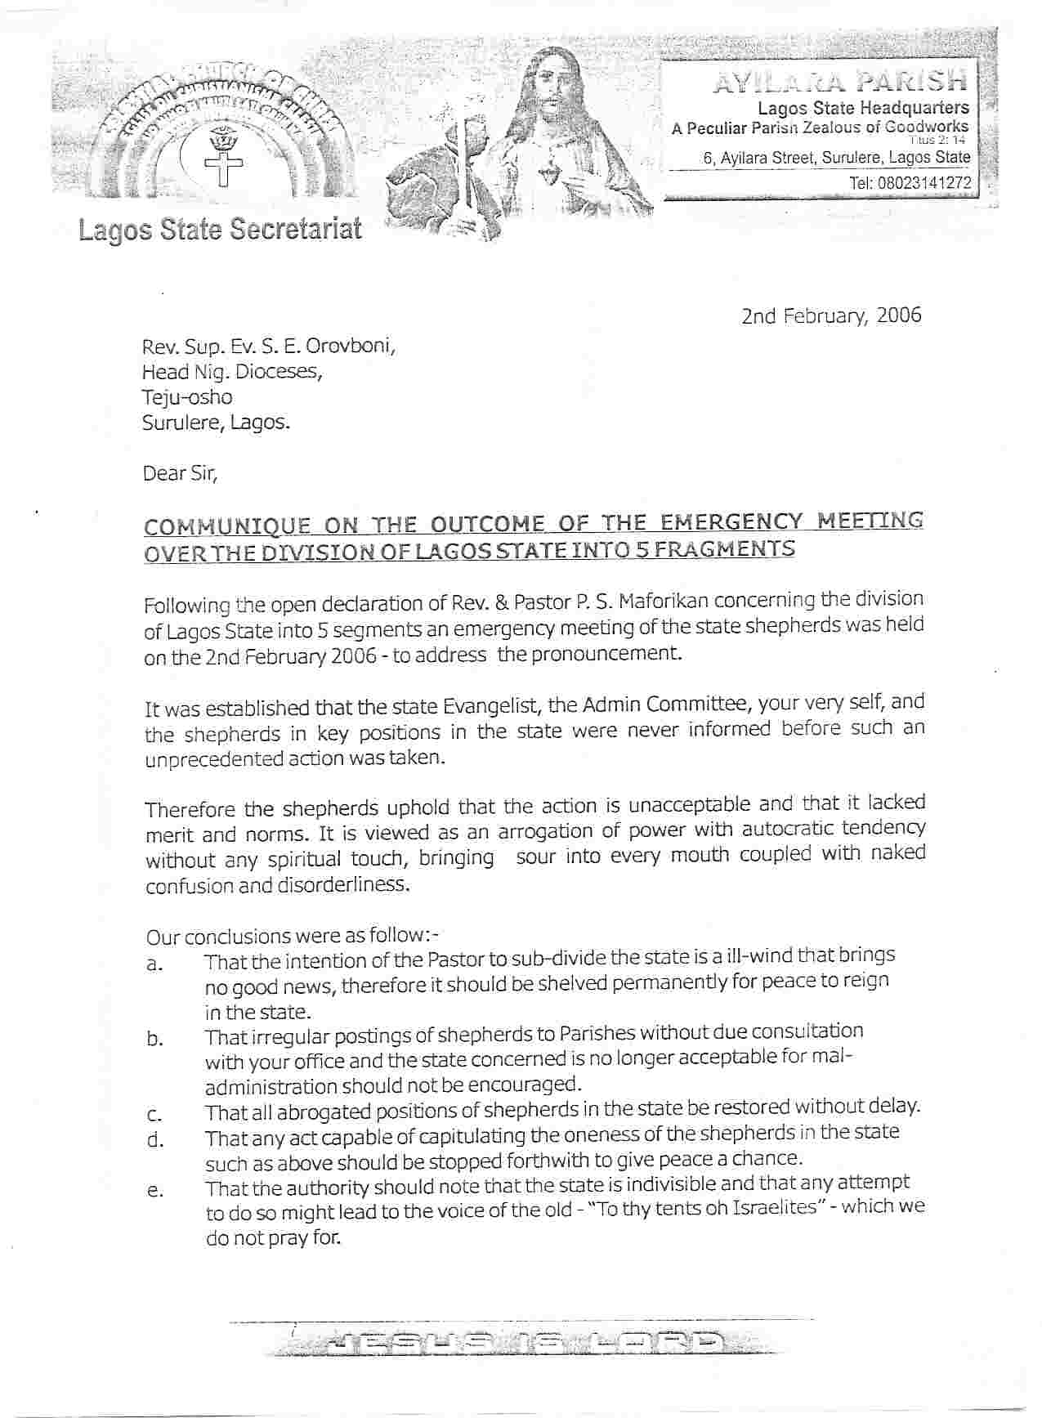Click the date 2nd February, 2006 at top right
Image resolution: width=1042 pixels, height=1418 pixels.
830,315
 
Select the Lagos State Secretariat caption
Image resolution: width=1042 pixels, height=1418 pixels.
220,230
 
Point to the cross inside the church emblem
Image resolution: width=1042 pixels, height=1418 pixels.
217,166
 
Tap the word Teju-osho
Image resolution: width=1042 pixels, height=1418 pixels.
187,397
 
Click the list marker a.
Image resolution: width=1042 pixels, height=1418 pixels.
153,964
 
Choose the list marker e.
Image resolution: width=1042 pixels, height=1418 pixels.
153,1191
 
